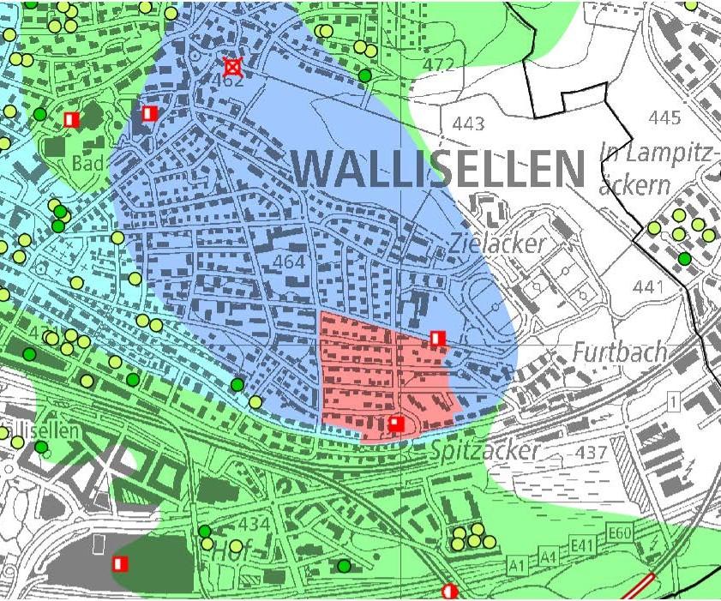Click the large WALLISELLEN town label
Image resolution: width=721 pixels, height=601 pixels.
(x=439, y=168)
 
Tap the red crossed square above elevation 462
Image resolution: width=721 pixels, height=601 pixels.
(x=231, y=66)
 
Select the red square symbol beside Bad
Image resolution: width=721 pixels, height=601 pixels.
(x=72, y=119)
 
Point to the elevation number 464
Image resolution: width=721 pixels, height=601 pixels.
(x=290, y=261)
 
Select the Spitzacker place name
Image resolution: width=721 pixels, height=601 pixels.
(x=485, y=450)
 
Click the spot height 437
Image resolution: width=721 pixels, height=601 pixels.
(x=592, y=452)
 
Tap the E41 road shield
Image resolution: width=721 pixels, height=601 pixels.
(x=582, y=545)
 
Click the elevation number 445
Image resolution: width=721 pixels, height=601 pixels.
(x=665, y=117)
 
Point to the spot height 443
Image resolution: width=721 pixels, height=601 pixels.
(x=468, y=124)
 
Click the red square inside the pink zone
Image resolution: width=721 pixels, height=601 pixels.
(x=396, y=424)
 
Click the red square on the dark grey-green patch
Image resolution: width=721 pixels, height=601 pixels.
(x=120, y=563)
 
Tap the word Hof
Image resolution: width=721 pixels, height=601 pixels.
(x=228, y=551)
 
